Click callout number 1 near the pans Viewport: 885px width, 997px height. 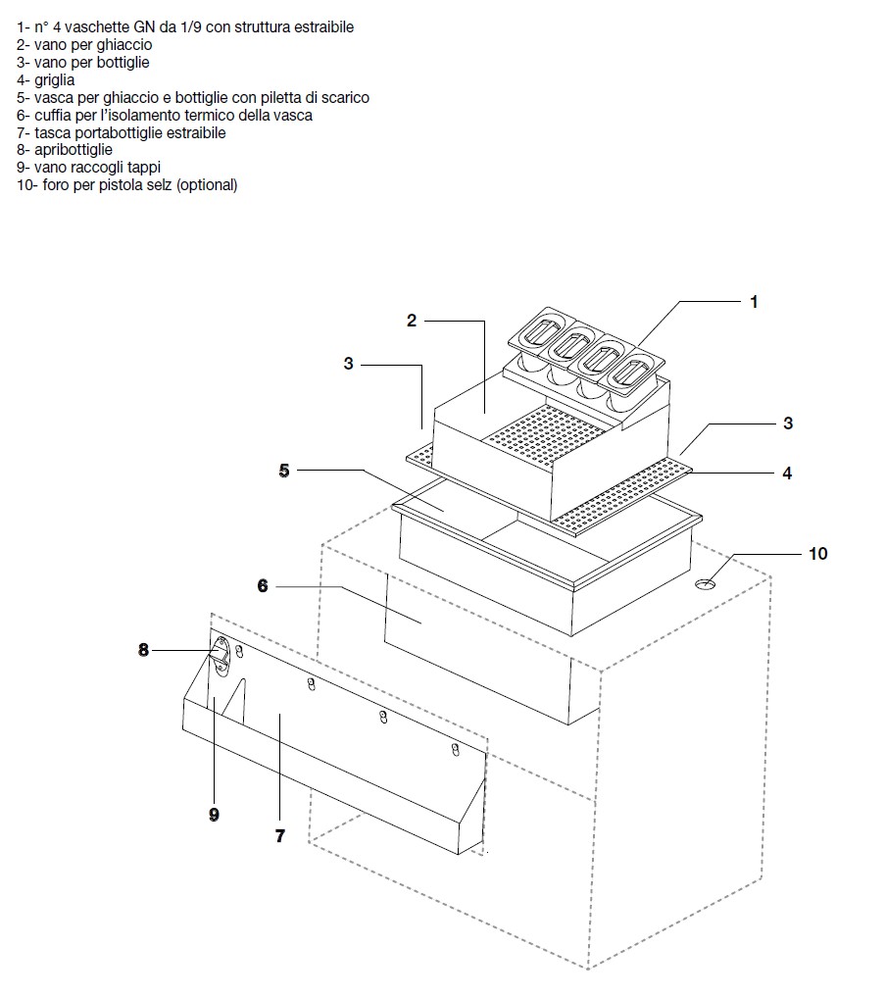click(x=754, y=302)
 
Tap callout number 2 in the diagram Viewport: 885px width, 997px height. click(x=412, y=321)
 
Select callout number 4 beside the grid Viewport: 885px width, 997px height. click(x=787, y=473)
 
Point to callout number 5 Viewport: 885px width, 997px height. click(x=284, y=471)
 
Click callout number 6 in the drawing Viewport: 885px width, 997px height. click(x=263, y=586)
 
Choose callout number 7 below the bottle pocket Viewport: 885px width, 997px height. click(x=279, y=835)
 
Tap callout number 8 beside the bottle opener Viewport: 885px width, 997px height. click(x=144, y=649)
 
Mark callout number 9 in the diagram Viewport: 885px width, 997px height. click(x=214, y=814)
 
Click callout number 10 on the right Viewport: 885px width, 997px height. click(x=818, y=554)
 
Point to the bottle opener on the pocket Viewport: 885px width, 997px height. click(x=221, y=654)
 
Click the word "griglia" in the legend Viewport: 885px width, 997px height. click(x=55, y=80)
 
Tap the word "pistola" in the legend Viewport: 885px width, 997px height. click(x=122, y=185)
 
